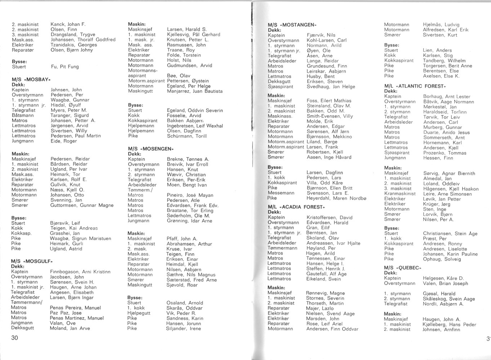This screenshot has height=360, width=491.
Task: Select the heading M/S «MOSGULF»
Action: [32, 261]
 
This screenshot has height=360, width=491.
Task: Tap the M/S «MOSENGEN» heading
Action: [151, 148]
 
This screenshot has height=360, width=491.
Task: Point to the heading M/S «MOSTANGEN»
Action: [292, 25]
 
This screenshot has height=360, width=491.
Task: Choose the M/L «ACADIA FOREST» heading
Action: [296, 207]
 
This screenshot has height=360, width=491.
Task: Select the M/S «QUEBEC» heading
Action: [402, 268]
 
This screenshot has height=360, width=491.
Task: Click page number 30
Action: [15, 338]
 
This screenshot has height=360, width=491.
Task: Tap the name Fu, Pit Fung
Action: [65, 67]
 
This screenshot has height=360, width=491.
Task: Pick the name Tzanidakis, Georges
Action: [74, 45]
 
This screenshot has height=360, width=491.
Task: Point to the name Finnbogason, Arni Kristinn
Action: [80, 272]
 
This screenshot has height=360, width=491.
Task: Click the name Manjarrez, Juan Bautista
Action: [195, 91]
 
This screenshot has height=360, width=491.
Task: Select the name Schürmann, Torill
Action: [187, 136]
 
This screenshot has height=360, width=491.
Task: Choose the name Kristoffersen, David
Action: [329, 217]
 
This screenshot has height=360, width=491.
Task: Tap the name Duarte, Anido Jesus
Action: [446, 132]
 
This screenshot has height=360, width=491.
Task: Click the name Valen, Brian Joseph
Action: [445, 283]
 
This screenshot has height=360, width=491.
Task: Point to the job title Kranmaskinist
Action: [400, 194]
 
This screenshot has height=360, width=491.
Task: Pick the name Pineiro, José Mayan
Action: [190, 195]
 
